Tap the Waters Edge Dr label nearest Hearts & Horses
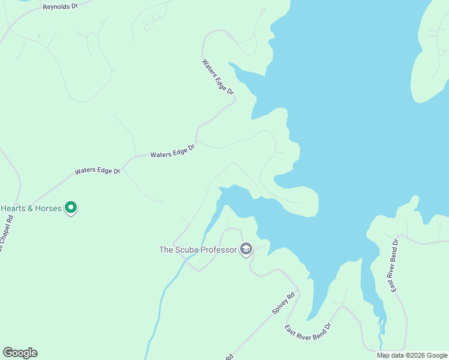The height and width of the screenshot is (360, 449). (97, 171)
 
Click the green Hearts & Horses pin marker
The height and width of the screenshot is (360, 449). (71, 208)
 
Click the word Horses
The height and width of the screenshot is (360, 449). (49, 208)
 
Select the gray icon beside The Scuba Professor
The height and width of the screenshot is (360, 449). (246, 249)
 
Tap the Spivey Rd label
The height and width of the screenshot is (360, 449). (284, 303)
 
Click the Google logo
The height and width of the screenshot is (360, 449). (20, 353)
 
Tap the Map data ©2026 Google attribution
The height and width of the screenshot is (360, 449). (412, 355)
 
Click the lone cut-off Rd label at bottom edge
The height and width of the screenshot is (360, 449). (229, 357)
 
